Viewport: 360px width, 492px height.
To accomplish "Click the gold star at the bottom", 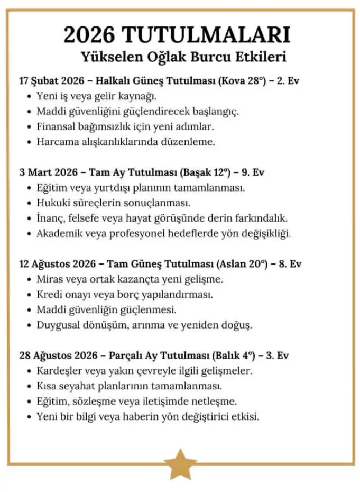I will (x=180, y=464).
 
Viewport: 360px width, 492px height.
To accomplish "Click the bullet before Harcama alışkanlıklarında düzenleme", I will (x=29, y=142).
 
